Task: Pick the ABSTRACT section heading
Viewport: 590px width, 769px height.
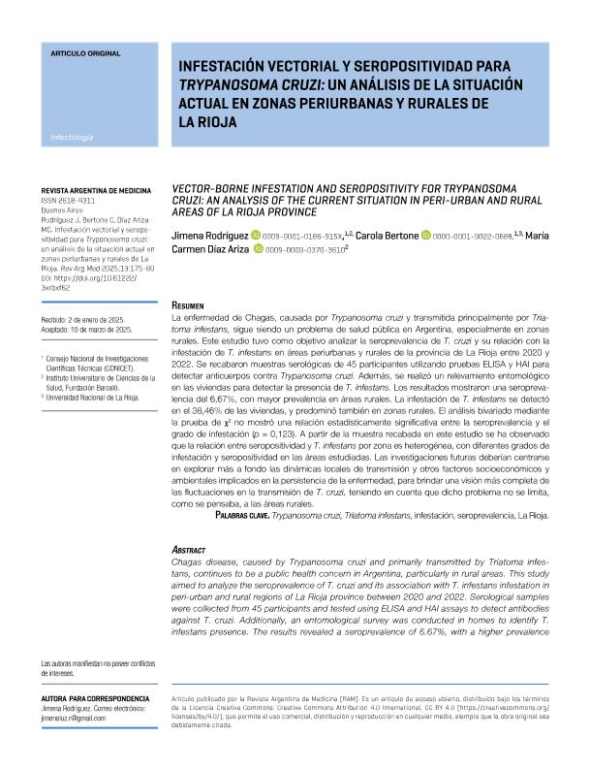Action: pyautogui.click(x=190, y=548)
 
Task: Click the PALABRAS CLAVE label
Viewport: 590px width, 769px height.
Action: pyautogui.click(x=242, y=516)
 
